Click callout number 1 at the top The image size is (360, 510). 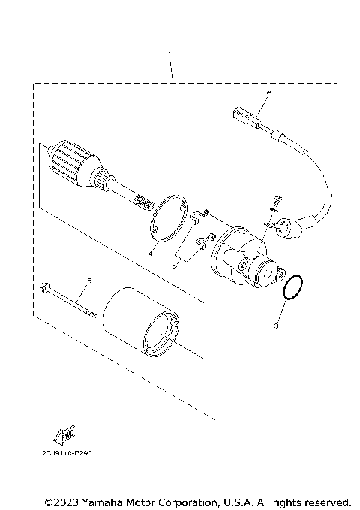[x=171, y=55]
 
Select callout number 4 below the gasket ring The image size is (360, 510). [x=150, y=255]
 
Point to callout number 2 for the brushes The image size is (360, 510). [x=175, y=265]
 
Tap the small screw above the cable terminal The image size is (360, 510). [x=275, y=200]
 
